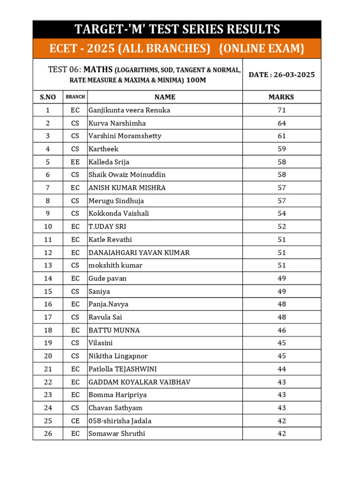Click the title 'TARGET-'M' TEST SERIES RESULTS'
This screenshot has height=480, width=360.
coord(177,30)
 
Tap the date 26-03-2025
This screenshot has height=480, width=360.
coord(282,75)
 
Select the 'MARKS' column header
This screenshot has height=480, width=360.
coord(281,97)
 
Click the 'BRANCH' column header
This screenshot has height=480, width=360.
coord(75,97)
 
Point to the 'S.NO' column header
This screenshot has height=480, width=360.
coord(48,97)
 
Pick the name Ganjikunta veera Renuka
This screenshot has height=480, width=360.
coord(129,110)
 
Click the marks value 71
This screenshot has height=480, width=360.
coord(282,110)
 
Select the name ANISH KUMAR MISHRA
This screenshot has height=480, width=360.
coord(127,187)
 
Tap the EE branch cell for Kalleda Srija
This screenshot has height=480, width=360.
coord(75,162)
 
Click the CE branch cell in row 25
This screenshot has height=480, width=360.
coord(75,421)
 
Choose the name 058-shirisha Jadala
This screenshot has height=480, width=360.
coord(120,421)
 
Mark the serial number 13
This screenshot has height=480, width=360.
coord(48,265)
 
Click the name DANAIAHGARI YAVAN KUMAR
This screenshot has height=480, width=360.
coord(139,253)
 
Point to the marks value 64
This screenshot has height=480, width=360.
coord(282,123)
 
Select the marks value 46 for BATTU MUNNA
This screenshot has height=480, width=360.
coord(282,330)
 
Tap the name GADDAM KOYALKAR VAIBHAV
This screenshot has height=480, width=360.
coord(140,382)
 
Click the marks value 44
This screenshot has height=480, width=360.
coord(282,369)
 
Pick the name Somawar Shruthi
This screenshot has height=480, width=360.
coord(117,434)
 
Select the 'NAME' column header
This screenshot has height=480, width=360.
coord(165,97)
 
